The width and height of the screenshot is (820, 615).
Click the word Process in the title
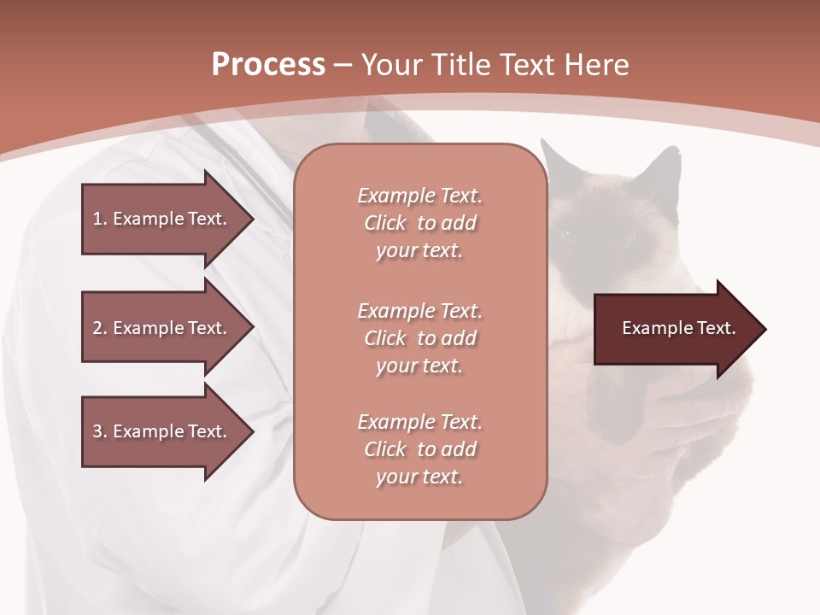tap(268, 65)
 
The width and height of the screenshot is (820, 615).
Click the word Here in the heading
tap(595, 65)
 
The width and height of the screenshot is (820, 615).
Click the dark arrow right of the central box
tap(675, 329)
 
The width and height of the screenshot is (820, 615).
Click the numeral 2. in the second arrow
tap(100, 328)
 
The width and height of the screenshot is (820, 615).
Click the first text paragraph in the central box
tap(419, 223)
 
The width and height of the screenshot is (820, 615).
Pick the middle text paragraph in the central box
tap(419, 337)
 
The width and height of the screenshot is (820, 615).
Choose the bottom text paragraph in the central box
tap(419, 449)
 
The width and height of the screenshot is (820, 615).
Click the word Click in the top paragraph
tap(385, 223)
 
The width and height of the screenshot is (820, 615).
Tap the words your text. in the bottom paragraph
tap(419, 477)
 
